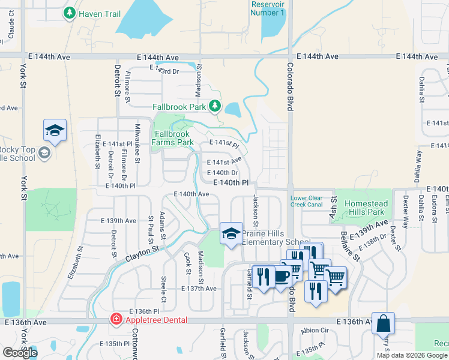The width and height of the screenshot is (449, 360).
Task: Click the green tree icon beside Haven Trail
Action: pyautogui.click(x=70, y=13)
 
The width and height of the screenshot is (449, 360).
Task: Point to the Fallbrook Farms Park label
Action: pyautogui.click(x=173, y=138)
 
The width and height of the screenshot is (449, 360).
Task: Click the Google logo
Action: pyautogui.click(x=20, y=353)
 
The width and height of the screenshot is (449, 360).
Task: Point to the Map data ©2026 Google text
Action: pyautogui.click(x=411, y=355)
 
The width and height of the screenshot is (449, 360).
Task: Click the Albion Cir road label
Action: pyautogui.click(x=315, y=331)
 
